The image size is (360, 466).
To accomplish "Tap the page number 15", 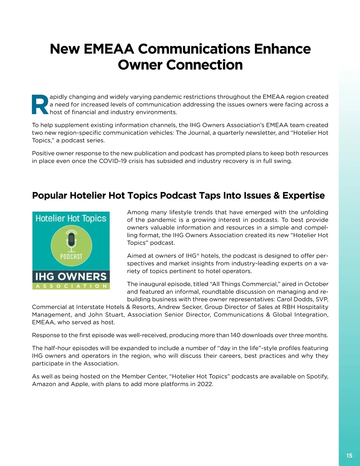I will click(349, 455).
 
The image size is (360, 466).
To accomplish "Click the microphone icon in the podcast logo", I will click(71, 241).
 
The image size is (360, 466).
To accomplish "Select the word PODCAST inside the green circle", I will click(71, 257).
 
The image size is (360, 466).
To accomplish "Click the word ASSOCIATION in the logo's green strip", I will click(71, 286).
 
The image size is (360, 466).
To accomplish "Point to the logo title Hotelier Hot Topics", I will click(71, 218).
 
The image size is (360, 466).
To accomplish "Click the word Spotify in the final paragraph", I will click(317, 376).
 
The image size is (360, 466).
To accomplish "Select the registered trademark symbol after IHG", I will click(198, 254).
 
